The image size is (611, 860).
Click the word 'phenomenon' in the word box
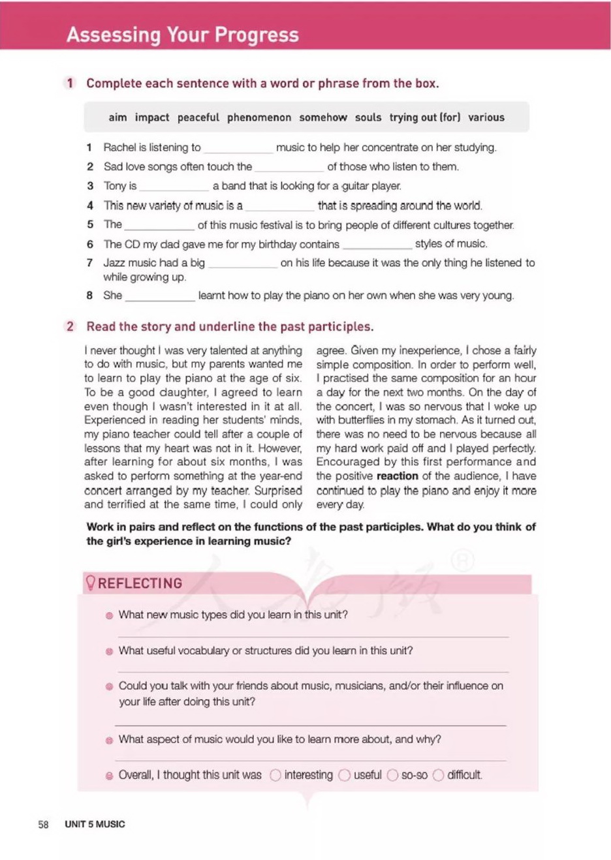pyautogui.click(x=259, y=117)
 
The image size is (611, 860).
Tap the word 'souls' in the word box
pyautogui.click(x=368, y=117)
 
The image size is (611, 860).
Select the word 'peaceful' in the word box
pyautogui.click(x=198, y=117)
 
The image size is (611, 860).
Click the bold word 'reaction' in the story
pyautogui.click(x=398, y=476)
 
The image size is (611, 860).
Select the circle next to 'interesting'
pyautogui.click(x=275, y=775)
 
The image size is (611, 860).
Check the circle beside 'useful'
pyautogui.click(x=345, y=775)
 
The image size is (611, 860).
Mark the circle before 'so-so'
pyautogui.click(x=392, y=775)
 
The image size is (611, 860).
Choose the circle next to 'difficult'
pyautogui.click(x=439, y=775)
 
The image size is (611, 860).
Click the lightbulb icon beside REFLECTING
pyautogui.click(x=91, y=583)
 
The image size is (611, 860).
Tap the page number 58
pyautogui.click(x=43, y=824)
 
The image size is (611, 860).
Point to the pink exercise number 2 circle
pyautogui.click(x=70, y=326)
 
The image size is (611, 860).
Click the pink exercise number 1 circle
pyautogui.click(x=70, y=83)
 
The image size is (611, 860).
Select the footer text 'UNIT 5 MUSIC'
pyautogui.click(x=95, y=824)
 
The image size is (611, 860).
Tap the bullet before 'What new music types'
pyautogui.click(x=110, y=615)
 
